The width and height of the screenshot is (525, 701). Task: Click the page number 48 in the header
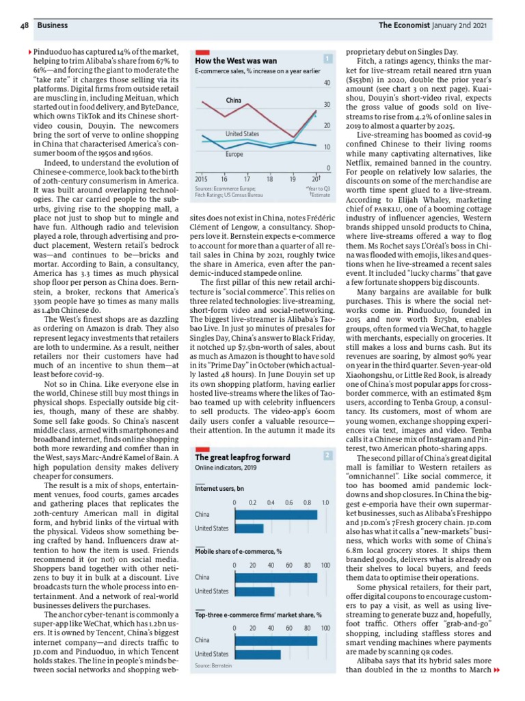tap(23, 25)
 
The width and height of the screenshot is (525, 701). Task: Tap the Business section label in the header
tap(52, 25)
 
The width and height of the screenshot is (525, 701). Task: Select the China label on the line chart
tap(234, 101)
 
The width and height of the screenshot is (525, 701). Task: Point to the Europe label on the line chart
tap(234, 155)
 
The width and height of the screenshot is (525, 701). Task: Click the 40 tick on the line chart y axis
tap(327, 83)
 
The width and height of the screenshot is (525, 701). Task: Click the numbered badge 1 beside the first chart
tap(329, 59)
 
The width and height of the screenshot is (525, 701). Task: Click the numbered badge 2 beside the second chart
tap(329, 455)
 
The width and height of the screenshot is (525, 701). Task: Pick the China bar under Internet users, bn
tap(275, 514)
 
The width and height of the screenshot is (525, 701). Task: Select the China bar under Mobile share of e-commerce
tap(275, 577)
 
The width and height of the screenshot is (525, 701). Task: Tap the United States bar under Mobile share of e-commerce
tap(254, 591)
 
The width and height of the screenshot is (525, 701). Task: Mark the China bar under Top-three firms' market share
tap(275, 640)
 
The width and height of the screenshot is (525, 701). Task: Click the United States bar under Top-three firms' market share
tap(257, 654)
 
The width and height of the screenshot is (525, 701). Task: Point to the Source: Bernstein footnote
tap(213, 665)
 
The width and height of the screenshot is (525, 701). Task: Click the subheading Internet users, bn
tap(219, 489)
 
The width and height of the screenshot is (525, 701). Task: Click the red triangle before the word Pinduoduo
tap(29, 52)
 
